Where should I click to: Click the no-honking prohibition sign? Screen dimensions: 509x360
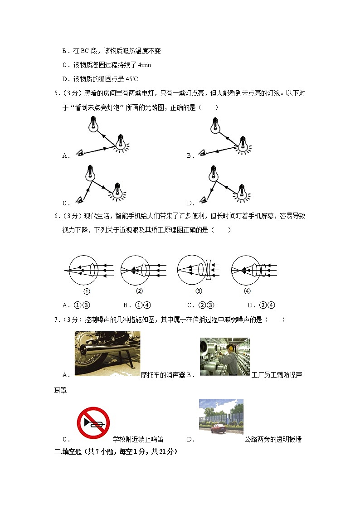[93, 423]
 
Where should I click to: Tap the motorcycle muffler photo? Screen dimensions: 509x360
[107, 354]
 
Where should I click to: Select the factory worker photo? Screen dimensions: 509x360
[224, 356]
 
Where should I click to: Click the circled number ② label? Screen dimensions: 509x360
[139, 291]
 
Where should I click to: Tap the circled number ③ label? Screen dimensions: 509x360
[198, 291]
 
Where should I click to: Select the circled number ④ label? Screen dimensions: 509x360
[247, 291]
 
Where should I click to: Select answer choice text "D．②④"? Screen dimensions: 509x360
[262, 305]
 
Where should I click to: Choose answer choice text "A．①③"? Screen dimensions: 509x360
[76, 305]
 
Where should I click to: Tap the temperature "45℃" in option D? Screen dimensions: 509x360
[131, 78]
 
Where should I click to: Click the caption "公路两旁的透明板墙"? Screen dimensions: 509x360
[273, 439]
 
